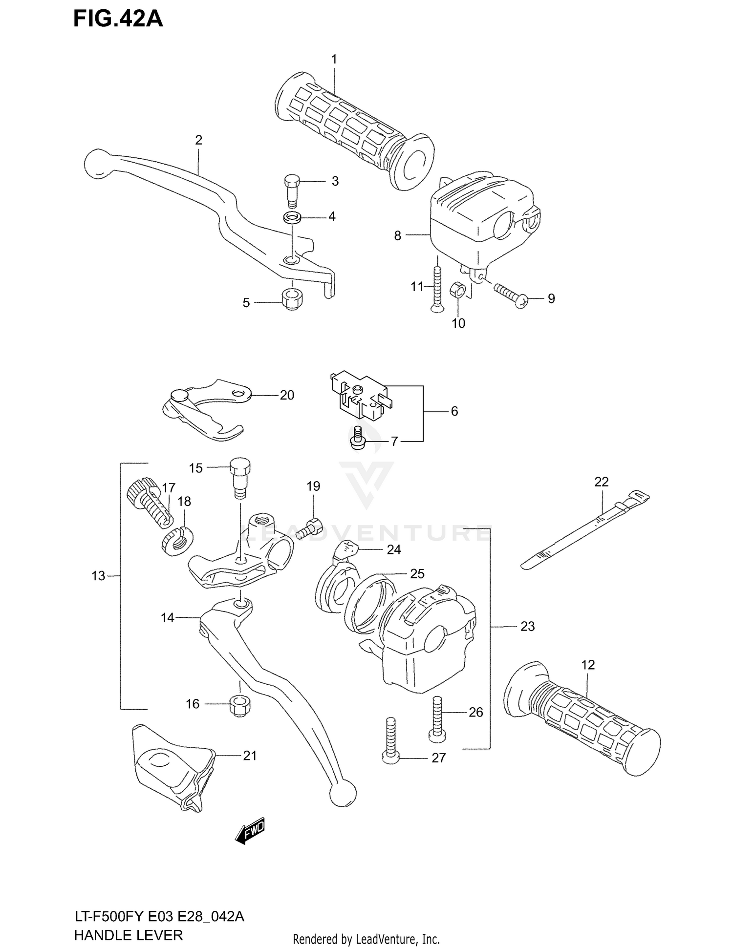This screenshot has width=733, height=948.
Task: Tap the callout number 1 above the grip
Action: click(334, 60)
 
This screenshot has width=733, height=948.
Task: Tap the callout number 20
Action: click(287, 395)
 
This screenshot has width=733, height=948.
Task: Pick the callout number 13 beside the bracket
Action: click(98, 576)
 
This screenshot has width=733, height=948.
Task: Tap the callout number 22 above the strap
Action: click(602, 482)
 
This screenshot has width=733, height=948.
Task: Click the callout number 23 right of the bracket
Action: click(527, 626)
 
